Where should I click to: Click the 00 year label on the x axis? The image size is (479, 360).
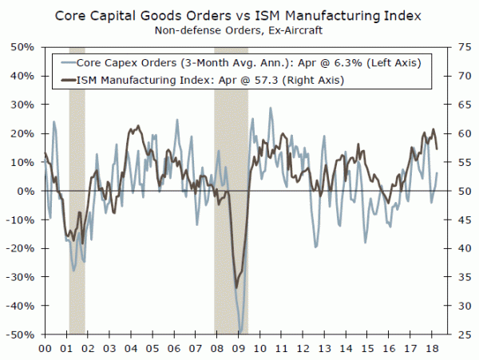click(x=46, y=350)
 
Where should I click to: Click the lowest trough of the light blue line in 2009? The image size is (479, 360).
click(x=240, y=331)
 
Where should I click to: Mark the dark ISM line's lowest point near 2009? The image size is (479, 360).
click(x=236, y=287)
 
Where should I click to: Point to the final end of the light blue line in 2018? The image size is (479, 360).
click(x=437, y=172)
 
